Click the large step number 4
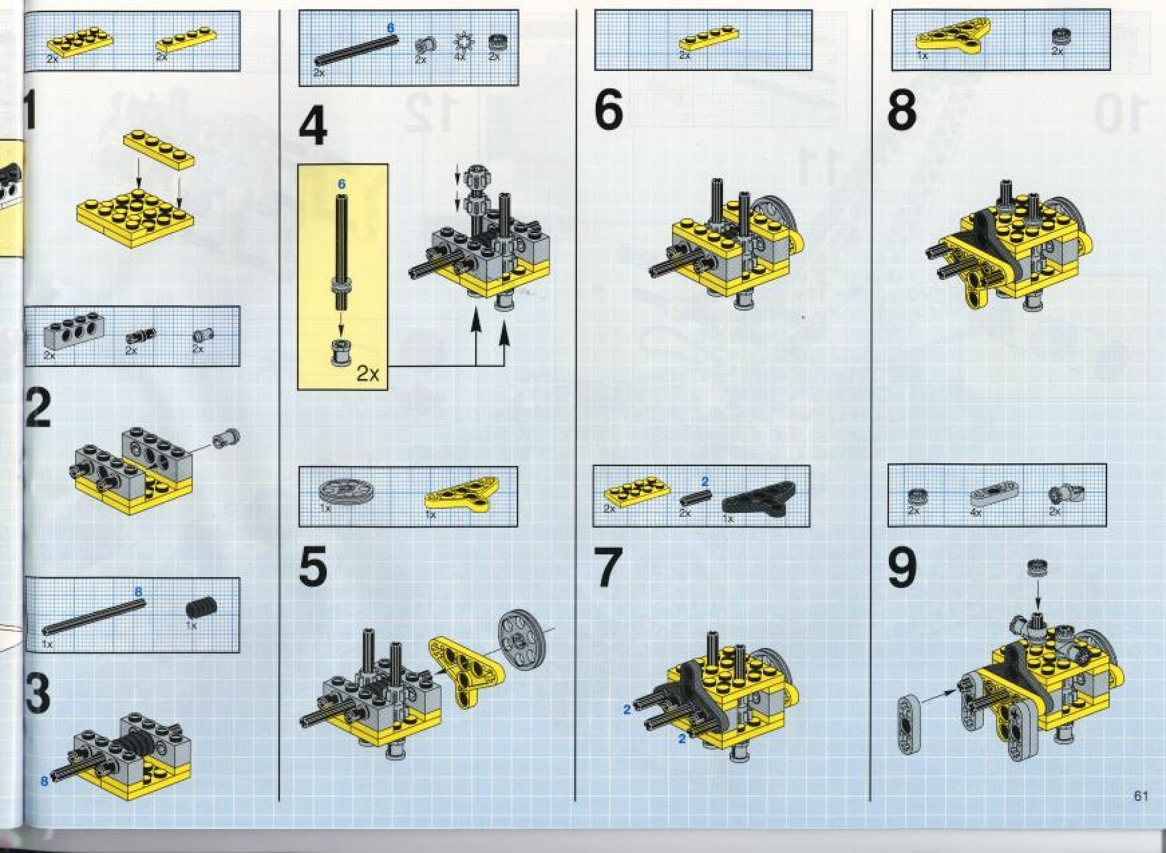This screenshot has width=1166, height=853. pyautogui.click(x=313, y=129)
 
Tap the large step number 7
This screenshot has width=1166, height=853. pyautogui.click(x=608, y=568)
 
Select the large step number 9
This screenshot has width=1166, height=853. pyautogui.click(x=902, y=568)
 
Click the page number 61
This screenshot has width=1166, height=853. pyautogui.click(x=1141, y=795)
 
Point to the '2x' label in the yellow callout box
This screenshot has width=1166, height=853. pyautogui.click(x=367, y=374)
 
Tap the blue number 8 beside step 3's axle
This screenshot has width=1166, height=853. pyautogui.click(x=44, y=781)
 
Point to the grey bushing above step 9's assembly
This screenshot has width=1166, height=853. pyautogui.click(x=1037, y=568)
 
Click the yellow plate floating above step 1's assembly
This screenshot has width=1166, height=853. pyautogui.click(x=159, y=150)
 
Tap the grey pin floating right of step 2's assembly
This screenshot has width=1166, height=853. pyautogui.click(x=226, y=439)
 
